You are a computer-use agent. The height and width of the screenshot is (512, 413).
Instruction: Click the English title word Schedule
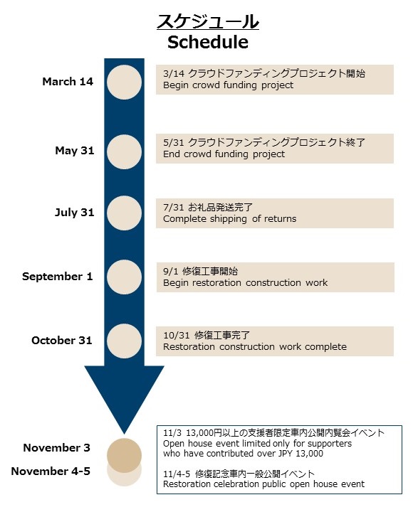[208, 42]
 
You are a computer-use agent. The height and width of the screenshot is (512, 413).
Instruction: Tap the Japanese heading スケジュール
[208, 21]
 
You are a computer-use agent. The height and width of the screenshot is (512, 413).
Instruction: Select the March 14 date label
[68, 81]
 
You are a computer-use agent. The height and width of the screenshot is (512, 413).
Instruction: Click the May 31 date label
[75, 151]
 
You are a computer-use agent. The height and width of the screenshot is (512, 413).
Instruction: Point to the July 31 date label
[75, 213]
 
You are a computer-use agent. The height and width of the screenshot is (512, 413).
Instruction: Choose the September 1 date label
[58, 277]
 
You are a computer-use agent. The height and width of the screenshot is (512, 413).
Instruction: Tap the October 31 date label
[62, 340]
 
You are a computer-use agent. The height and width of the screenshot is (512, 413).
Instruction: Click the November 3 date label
[56, 448]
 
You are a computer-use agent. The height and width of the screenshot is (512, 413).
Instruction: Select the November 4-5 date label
[51, 471]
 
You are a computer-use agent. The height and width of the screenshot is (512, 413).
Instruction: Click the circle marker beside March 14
[125, 82]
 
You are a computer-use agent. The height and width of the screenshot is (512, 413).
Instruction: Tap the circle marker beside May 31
[125, 152]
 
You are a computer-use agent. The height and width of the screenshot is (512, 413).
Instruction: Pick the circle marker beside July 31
[125, 213]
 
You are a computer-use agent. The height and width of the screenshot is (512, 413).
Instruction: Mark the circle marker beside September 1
[125, 277]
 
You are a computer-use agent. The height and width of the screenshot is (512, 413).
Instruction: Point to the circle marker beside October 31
[125, 341]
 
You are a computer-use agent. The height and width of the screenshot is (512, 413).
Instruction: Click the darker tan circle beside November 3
[125, 455]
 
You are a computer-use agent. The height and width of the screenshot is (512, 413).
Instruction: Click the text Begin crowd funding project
[229, 85]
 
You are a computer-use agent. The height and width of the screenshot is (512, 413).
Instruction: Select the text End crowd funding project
[224, 154]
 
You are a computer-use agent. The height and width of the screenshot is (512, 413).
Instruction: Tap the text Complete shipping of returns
[229, 219]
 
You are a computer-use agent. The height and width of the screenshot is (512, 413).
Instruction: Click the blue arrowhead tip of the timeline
[125, 434]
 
